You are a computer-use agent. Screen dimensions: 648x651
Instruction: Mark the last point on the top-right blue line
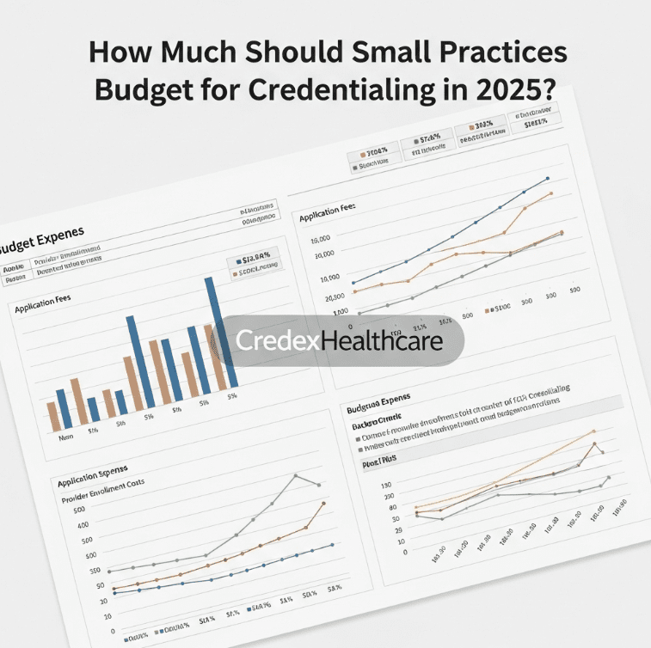point(548,178)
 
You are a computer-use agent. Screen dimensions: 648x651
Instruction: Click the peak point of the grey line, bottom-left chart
point(295,475)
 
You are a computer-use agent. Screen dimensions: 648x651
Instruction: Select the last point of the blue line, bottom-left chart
point(332,544)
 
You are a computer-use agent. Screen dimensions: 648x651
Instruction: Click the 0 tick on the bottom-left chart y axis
point(112,630)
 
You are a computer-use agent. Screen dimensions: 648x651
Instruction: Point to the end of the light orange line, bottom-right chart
point(593,431)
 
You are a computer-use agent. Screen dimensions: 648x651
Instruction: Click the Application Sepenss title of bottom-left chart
point(92,473)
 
